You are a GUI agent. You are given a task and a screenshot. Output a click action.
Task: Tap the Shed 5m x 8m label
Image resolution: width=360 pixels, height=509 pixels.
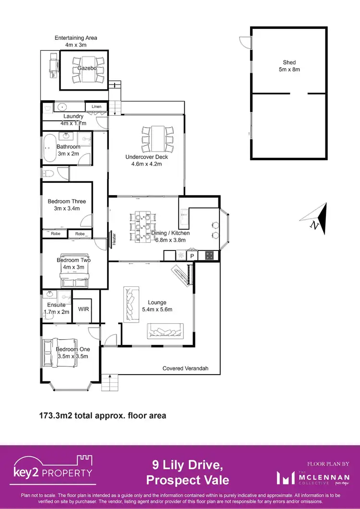pyautogui.click(x=289, y=66)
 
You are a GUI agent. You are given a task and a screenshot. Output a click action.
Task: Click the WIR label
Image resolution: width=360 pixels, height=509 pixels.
pyautogui.click(x=84, y=309)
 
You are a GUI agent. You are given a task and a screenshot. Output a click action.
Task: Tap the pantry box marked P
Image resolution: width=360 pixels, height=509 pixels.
pyautogui.click(x=192, y=256)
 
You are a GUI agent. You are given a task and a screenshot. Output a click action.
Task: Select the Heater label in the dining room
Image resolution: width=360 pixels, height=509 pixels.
pyautogui.click(x=114, y=238)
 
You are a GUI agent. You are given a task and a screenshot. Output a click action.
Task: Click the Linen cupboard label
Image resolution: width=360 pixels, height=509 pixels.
pyautogui.click(x=96, y=107)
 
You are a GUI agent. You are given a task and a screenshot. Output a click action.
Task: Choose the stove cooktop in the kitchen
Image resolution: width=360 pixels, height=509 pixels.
pyautogui.click(x=210, y=256)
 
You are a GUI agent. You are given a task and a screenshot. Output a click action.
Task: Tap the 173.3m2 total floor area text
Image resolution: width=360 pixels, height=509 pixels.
pyautogui.click(x=102, y=415)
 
